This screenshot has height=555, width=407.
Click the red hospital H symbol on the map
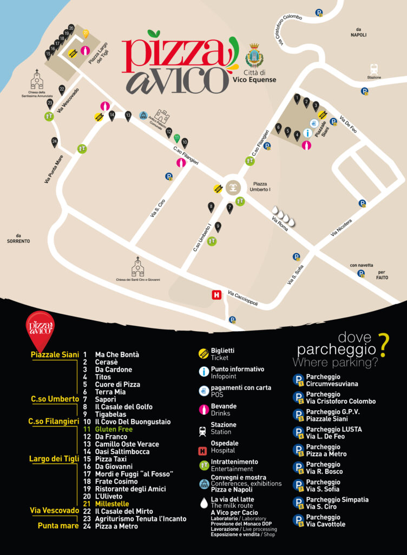(216, 295)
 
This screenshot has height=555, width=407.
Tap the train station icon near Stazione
(374, 69)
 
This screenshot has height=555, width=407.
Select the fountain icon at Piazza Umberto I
(233, 187)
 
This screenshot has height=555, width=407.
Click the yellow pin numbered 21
(86, 34)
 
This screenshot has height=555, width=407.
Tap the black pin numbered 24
(55, 142)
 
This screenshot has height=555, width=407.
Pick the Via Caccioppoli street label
(242, 298)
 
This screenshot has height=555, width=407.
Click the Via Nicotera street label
(342, 227)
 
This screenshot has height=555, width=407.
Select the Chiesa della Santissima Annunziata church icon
(37, 80)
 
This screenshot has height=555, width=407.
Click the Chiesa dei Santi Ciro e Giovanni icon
(138, 267)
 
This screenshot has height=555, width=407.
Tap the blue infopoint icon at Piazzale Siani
(307, 132)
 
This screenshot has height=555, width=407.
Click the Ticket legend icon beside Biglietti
(203, 354)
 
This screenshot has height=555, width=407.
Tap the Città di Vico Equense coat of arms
(253, 56)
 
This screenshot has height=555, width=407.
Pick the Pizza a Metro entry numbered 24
(116, 526)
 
